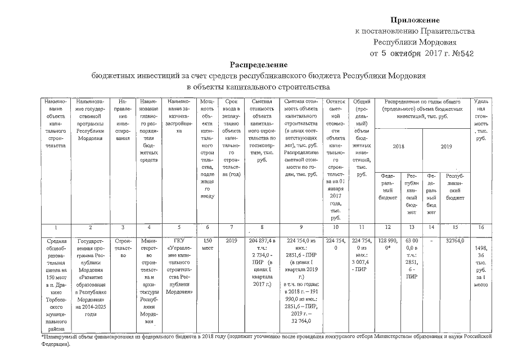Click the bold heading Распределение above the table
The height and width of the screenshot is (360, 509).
point(258,65)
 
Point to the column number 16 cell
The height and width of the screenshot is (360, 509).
point(481,227)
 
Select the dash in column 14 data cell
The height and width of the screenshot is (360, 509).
point(431,239)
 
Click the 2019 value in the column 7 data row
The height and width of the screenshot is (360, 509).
point(232,239)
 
